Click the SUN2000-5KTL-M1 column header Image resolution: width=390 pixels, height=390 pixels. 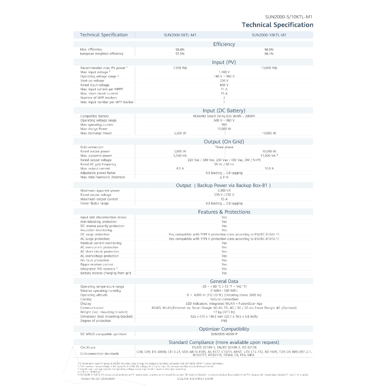[x=180, y=35]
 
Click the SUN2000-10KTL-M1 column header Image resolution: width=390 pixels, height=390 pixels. [x=269, y=35]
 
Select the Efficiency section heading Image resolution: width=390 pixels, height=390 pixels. [x=224, y=44]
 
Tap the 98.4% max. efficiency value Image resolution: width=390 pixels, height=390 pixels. [x=180, y=50]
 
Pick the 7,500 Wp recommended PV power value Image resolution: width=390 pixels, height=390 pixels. [x=180, y=68]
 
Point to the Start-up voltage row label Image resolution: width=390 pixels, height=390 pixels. [x=92, y=81]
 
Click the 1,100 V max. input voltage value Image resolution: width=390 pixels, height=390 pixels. [x=224, y=72]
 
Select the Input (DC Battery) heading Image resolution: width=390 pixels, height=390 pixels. [x=224, y=111]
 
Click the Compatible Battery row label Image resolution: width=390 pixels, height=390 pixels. [x=94, y=116]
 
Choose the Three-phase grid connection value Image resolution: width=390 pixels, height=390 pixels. [x=224, y=147]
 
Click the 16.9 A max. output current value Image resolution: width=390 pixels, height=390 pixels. [x=269, y=168]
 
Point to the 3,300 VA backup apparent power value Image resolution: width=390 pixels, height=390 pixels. [x=224, y=190]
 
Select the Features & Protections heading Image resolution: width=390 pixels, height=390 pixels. [x=224, y=212]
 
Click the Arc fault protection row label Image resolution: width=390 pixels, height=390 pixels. [x=94, y=260]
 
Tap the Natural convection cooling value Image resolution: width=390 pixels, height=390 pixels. [x=224, y=299]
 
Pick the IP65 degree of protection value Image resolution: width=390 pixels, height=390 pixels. [x=224, y=321]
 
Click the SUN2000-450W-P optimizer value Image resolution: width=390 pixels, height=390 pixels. [x=224, y=334]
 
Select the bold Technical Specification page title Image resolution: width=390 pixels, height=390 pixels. [x=278, y=25]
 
